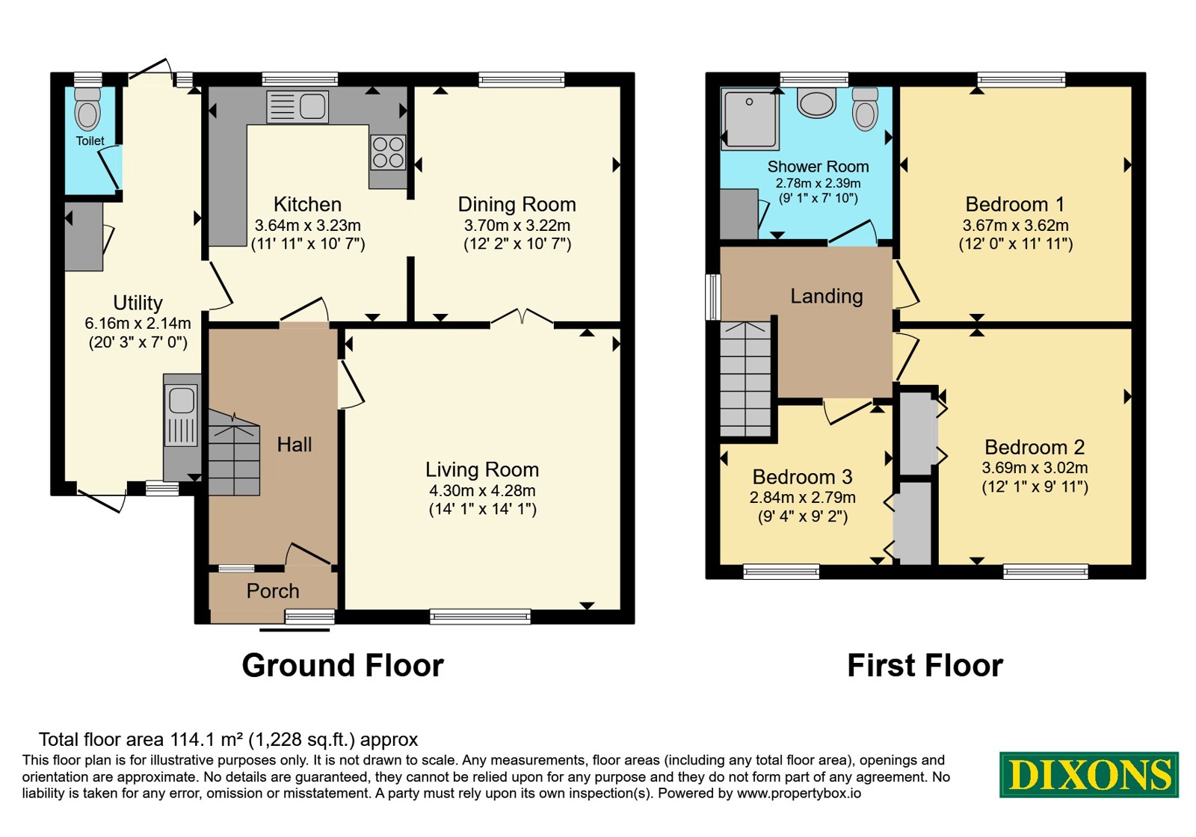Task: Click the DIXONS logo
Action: click(x=1089, y=775)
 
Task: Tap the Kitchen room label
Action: click(x=307, y=205)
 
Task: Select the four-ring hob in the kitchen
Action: click(x=388, y=152)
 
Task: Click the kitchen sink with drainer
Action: click(x=298, y=107)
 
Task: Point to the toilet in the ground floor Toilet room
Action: click(x=87, y=109)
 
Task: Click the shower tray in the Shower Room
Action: click(x=750, y=118)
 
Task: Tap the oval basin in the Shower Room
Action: click(x=816, y=102)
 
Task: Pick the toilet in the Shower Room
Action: click(x=865, y=109)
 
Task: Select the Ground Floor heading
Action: click(x=343, y=666)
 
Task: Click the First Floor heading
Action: click(x=925, y=666)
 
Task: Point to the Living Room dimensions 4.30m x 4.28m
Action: click(x=482, y=490)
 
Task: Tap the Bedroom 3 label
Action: click(x=803, y=477)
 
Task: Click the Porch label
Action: click(x=273, y=591)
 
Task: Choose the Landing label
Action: click(x=827, y=296)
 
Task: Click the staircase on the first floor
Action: click(x=746, y=379)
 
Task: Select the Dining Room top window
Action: click(x=522, y=79)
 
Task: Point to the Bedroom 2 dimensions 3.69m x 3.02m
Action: click(x=1035, y=468)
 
